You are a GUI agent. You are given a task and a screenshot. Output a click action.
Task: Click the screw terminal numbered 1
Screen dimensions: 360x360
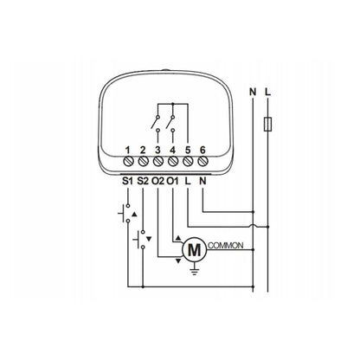[128, 161]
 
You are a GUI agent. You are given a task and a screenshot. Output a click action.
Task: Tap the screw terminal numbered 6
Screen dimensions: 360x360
[202, 161]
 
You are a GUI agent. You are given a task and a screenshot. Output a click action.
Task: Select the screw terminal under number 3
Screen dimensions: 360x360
[157, 161]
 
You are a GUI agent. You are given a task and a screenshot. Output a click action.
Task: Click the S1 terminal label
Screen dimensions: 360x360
[127, 181]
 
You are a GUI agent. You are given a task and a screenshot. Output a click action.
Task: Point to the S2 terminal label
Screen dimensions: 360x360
[143, 181]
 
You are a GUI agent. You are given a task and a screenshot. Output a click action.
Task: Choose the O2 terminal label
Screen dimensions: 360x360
[157, 181]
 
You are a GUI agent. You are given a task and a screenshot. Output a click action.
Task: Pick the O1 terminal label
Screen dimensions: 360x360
[173, 181]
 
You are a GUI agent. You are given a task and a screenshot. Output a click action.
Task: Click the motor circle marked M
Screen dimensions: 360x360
[194, 250]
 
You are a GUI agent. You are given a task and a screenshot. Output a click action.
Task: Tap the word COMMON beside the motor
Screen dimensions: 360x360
[226, 246]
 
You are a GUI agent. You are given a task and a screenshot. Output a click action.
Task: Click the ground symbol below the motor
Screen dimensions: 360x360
[195, 269]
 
